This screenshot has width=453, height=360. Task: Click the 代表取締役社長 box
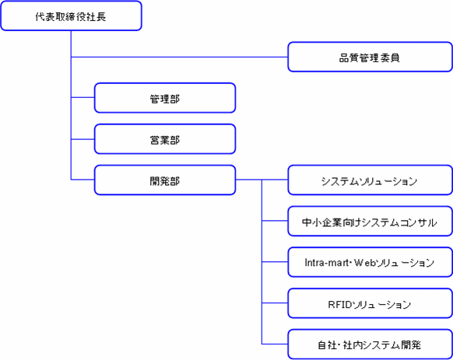71,16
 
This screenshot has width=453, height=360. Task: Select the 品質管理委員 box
370,57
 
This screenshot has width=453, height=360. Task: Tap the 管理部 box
165,98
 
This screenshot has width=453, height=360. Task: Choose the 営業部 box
165,139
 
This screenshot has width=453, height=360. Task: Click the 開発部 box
165,180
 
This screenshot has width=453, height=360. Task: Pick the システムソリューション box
370,180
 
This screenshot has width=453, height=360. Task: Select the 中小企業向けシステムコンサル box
370,221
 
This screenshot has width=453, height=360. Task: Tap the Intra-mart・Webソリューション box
370,262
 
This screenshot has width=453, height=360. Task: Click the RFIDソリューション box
370,303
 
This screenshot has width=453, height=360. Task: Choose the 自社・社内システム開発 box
370,344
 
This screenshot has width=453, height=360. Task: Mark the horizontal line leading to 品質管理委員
179,57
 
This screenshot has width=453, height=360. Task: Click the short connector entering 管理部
83,97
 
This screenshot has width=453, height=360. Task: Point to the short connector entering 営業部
83,139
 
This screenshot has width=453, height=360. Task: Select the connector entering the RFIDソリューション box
275,303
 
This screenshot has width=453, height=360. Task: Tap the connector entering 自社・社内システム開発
275,344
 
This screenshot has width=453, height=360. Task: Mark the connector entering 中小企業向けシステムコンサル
275,221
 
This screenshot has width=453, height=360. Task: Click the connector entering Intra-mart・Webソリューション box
275,262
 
